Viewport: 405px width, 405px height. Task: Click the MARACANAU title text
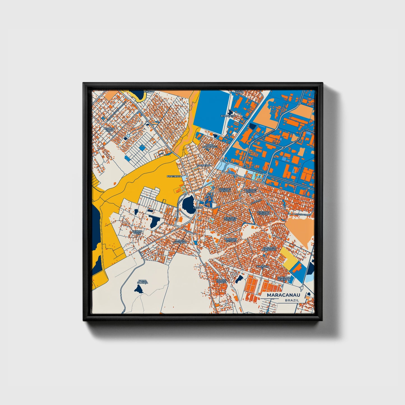click(283, 295)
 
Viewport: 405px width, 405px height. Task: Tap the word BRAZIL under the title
click(292, 300)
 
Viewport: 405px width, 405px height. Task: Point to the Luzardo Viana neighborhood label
click(110, 129)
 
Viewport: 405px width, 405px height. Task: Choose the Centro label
click(198, 207)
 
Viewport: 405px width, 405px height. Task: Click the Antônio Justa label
click(137, 232)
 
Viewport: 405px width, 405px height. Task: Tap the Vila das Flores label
click(221, 281)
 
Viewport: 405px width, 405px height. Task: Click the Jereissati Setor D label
click(230, 219)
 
